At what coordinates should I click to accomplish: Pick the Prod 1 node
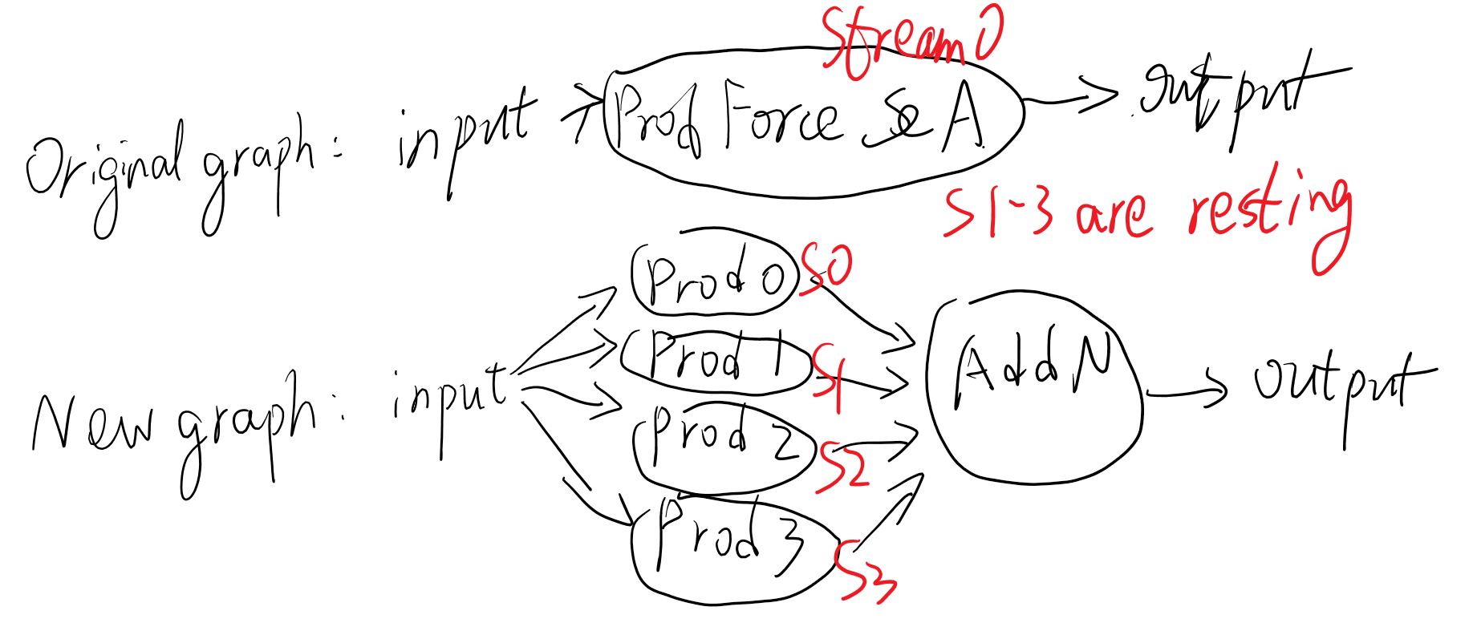click(714, 360)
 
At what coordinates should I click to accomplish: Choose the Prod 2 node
click(722, 444)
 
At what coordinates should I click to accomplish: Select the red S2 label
click(842, 466)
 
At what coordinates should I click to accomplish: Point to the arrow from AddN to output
click(1186, 391)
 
